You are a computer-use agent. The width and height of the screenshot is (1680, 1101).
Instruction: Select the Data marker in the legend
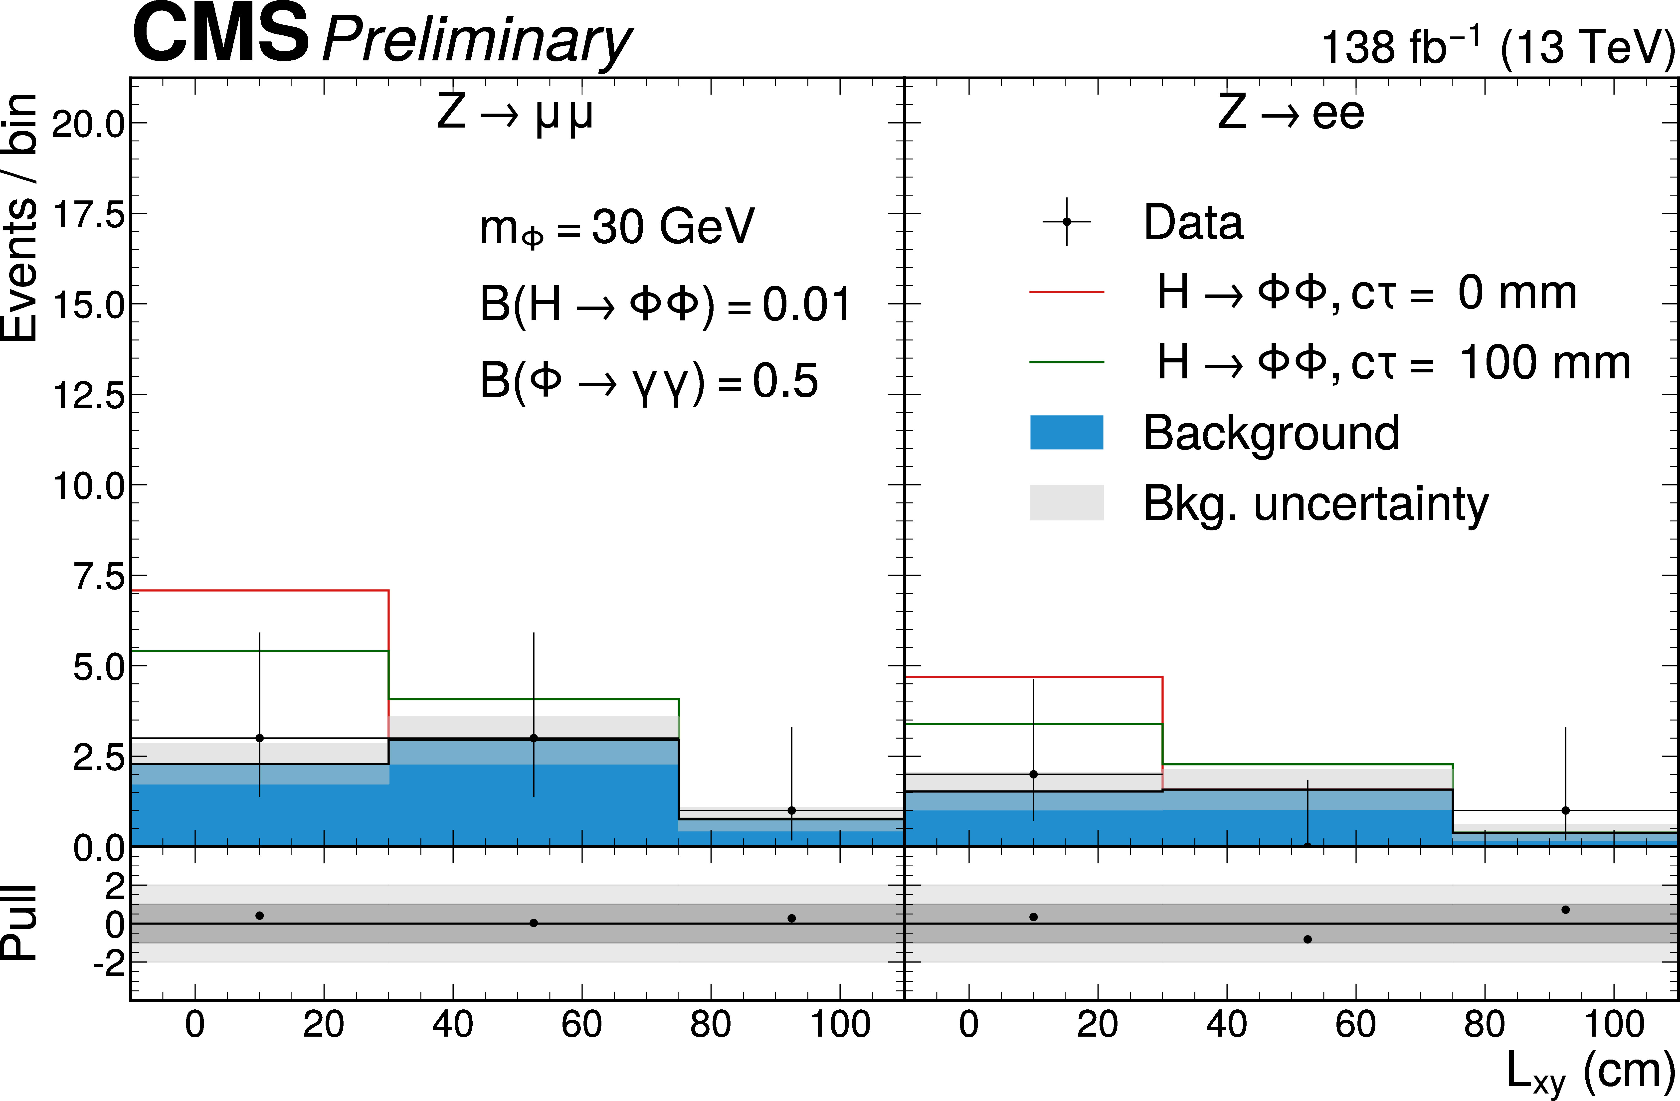[x=1067, y=222]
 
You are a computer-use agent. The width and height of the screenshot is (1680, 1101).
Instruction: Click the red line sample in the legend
[x=1067, y=291]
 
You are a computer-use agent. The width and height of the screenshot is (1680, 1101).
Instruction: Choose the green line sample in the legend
[x=1067, y=362]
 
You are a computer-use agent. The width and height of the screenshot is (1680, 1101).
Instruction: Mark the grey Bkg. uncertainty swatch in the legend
[x=1067, y=502]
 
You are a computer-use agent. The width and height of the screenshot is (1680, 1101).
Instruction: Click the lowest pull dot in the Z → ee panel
[x=1307, y=939]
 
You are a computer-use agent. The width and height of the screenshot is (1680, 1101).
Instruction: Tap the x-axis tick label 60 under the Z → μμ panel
[x=582, y=1025]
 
